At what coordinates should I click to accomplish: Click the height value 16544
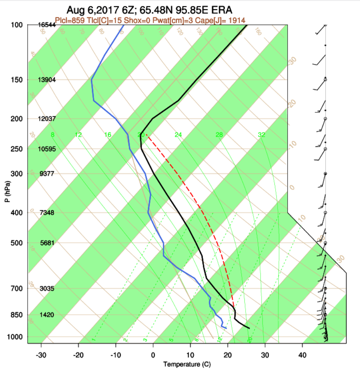coord(46,25)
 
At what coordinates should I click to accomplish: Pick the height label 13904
coord(46,80)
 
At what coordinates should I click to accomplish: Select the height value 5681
coord(47,243)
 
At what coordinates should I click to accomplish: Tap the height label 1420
coord(47,315)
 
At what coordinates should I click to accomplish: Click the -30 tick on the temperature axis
coord(41,355)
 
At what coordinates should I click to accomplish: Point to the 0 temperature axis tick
coord(153,355)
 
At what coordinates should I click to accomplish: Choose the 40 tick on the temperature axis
coord(302,355)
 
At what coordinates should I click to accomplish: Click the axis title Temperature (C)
coord(187,364)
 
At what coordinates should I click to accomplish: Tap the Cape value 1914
coord(237,20)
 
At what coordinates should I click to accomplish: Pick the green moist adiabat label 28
coord(219,135)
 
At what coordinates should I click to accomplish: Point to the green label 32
coord(262,135)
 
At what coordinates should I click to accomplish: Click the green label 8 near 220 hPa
coord(52,135)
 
